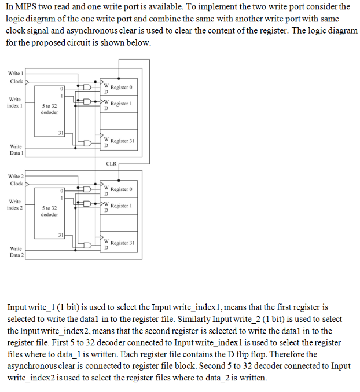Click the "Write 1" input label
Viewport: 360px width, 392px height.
[14, 73]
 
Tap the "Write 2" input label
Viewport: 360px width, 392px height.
[14, 175]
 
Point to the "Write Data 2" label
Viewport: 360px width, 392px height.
[16, 251]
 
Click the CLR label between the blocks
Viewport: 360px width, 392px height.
[112, 164]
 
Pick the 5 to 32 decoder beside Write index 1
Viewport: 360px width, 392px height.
[49, 109]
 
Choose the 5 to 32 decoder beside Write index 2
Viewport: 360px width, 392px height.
[49, 211]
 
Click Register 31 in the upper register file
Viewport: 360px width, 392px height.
[122, 141]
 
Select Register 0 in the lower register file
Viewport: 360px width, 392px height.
[122, 189]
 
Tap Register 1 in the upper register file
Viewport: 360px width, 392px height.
[122, 103]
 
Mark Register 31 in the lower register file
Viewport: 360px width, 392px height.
[122, 243]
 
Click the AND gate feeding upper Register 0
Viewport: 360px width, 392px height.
[87, 87]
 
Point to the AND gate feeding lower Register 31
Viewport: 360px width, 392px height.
[87, 246]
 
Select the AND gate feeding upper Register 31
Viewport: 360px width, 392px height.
[87, 144]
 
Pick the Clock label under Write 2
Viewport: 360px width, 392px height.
[17, 184]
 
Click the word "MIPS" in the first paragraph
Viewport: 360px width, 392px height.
[27, 7]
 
